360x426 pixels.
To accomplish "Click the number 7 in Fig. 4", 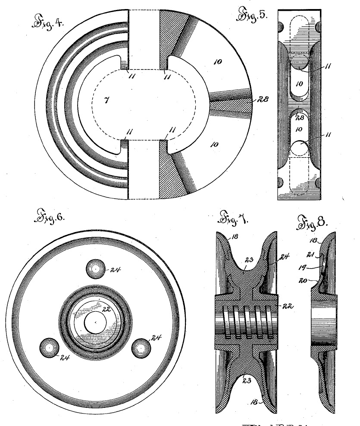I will (106, 100).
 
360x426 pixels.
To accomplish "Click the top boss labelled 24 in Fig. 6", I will (94, 269).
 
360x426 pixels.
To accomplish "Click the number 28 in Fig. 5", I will (301, 117).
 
